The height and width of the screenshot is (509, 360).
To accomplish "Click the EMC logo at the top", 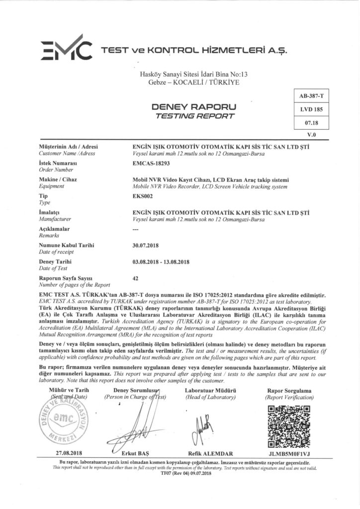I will click(66, 50).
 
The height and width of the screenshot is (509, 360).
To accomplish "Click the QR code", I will click(288, 425).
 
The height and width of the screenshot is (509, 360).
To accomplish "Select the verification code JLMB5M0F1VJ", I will click(289, 453).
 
